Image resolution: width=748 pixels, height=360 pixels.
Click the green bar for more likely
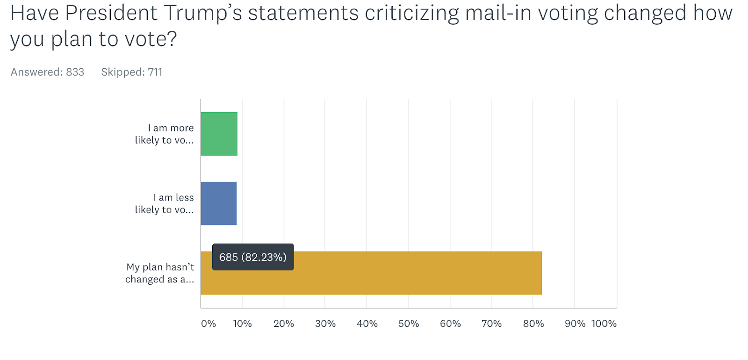pos(219,134)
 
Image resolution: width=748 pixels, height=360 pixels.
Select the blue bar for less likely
pos(218,203)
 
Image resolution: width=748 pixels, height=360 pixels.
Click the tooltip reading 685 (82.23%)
pos(253,257)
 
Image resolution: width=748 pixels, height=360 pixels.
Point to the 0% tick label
pos(208,324)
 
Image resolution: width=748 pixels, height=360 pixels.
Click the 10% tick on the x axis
pos(242,324)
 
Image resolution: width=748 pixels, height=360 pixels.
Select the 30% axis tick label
pos(325,324)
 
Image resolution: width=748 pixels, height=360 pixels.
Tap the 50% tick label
pos(409,324)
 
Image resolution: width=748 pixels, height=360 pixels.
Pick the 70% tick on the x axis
pos(491,324)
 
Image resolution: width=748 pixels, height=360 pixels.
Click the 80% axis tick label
pos(533,324)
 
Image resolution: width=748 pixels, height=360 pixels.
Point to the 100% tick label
pos(604,324)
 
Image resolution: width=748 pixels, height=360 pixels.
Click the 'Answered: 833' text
pos(47,72)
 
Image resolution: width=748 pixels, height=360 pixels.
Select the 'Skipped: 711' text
pos(132,72)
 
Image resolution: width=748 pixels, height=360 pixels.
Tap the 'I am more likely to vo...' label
pos(165,134)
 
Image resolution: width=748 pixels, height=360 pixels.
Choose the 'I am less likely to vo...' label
pos(165,204)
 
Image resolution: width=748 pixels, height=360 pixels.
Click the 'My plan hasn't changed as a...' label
pos(160,273)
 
